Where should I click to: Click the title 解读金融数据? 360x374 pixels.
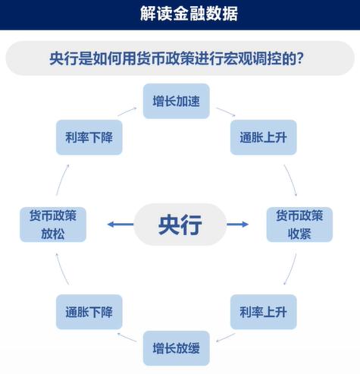189,14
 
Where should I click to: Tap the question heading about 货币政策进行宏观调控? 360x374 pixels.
177,58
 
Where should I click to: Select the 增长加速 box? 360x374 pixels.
177,101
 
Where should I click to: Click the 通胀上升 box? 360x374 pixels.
263,137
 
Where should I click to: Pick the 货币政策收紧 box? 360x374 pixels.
299,225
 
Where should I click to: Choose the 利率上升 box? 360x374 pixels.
263,312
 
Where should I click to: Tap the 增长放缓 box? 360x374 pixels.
177,348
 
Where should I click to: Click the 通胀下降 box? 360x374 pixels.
89,312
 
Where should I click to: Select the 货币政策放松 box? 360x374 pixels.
53,225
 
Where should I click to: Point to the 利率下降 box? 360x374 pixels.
89,137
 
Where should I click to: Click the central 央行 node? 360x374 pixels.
180,225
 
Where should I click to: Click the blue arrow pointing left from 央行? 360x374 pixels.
121,224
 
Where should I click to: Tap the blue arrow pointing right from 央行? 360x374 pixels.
237,224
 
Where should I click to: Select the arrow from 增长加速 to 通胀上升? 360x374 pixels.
226,112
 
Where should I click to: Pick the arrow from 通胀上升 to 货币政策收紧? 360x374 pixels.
291,180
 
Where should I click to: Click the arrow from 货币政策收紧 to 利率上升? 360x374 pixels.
291,269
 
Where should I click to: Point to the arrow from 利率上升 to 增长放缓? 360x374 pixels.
226,338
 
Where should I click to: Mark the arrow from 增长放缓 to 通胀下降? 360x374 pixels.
127,338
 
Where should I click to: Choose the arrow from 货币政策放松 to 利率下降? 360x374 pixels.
61,180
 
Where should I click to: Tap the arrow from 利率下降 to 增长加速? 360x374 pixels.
127,112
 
